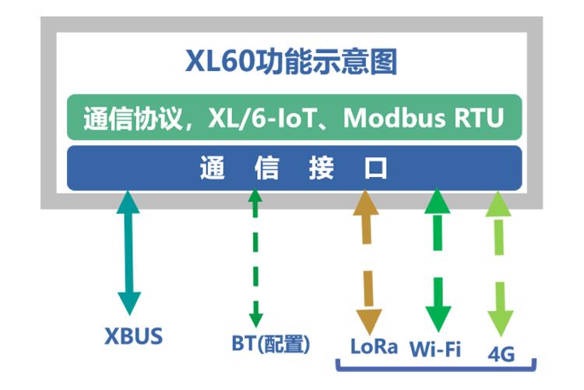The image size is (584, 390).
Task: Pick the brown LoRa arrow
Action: [367, 257]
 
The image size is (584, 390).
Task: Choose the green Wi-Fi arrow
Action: [437, 257]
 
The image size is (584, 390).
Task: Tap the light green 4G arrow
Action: [498, 257]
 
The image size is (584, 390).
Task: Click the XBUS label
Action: [134, 337]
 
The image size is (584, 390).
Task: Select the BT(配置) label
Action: [271, 343]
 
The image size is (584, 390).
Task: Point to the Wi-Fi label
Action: [435, 348]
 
